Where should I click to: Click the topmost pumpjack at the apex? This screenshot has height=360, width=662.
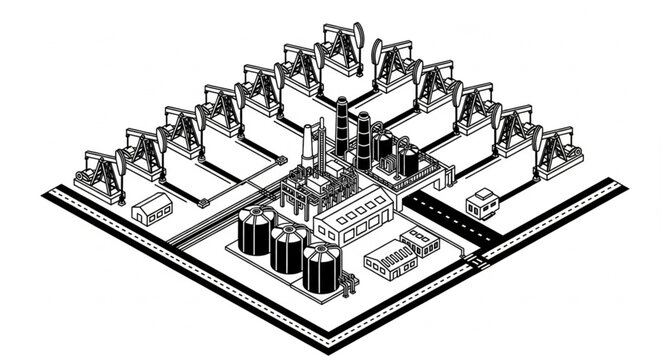tap(342, 50)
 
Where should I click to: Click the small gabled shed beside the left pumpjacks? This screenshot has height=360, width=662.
tap(152, 208)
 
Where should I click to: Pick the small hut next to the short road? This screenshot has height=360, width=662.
tap(483, 203)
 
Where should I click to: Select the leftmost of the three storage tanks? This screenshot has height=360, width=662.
tap(256, 230)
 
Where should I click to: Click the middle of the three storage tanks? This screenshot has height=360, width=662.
tap(289, 248)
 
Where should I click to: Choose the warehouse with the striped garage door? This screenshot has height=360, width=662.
tap(390, 262)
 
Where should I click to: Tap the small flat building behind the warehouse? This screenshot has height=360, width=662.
tap(421, 241)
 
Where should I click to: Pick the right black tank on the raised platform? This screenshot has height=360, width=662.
tap(409, 159)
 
